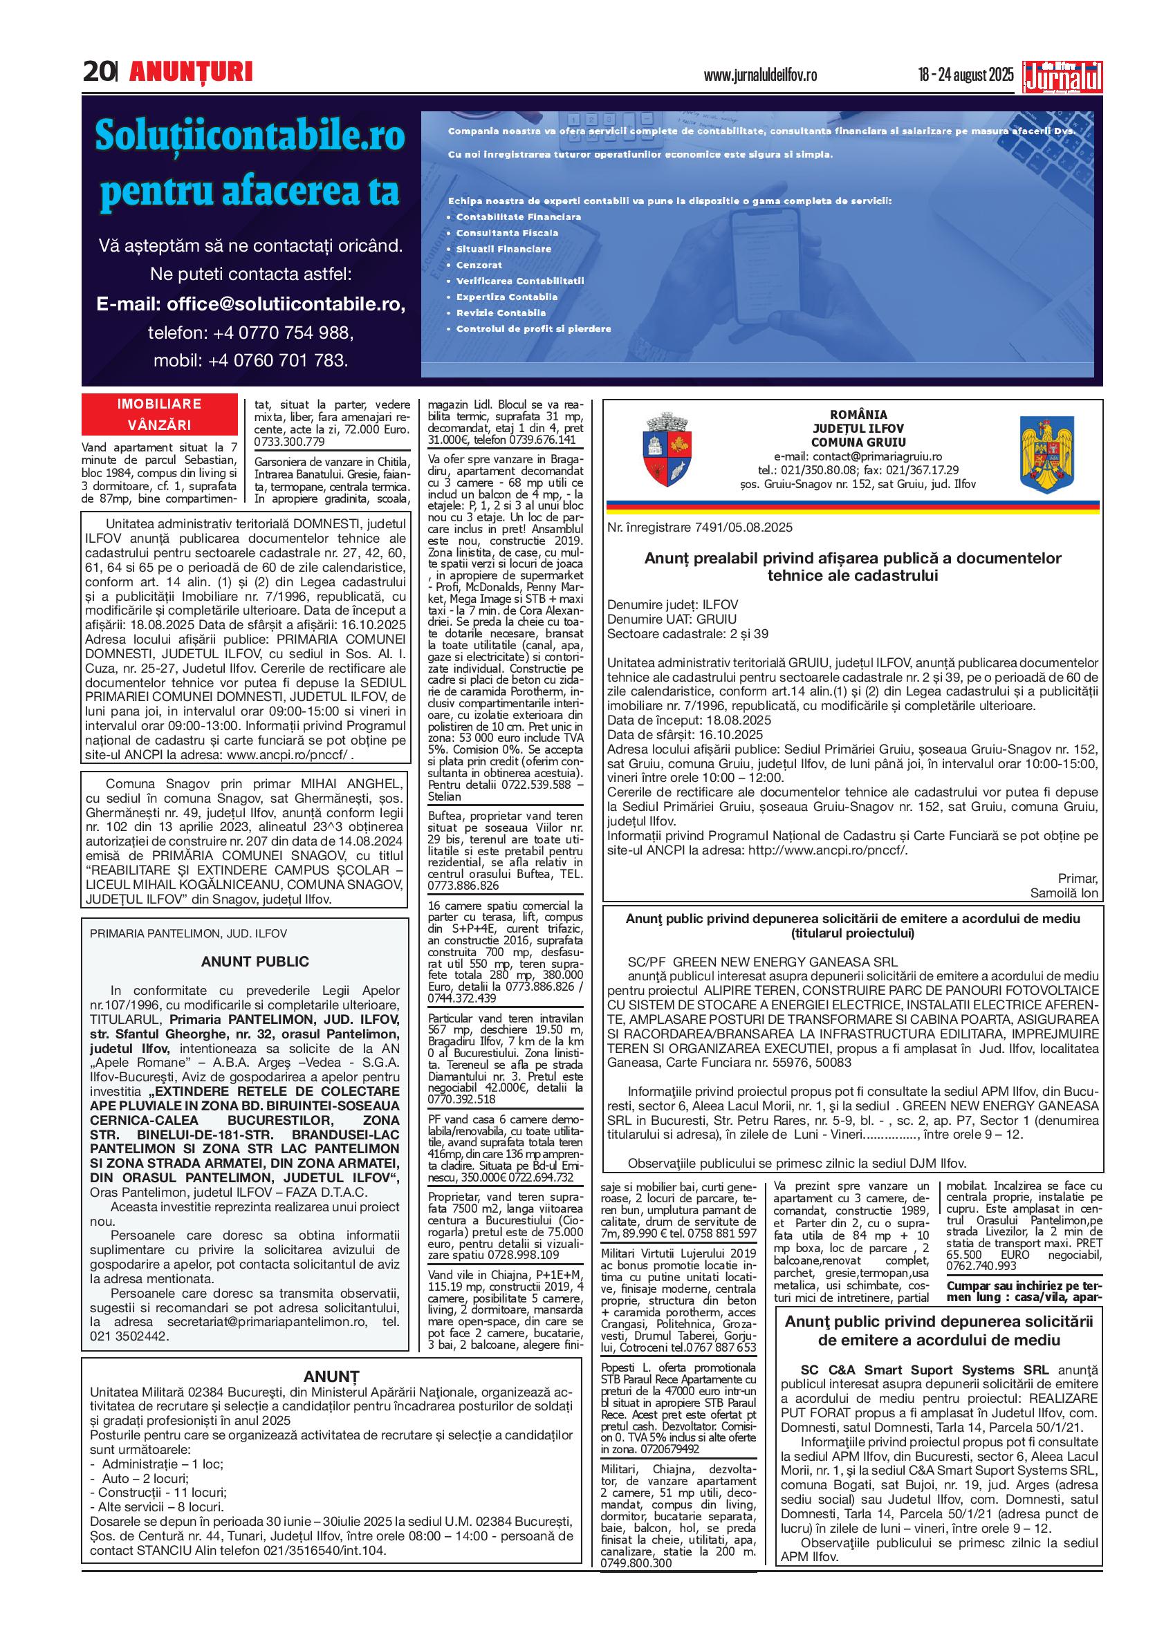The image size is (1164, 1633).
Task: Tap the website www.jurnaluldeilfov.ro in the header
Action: click(x=761, y=75)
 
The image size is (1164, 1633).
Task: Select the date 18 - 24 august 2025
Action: click(x=966, y=75)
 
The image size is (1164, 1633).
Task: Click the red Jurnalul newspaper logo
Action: click(x=1063, y=77)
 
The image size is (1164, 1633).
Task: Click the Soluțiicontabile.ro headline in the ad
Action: click(x=250, y=136)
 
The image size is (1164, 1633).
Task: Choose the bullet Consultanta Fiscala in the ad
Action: click(x=507, y=233)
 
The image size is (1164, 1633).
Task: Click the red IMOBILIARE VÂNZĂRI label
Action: click(x=159, y=414)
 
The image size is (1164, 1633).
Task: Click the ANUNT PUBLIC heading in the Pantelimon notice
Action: click(x=255, y=962)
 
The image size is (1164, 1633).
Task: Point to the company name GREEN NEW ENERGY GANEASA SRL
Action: click(x=785, y=962)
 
